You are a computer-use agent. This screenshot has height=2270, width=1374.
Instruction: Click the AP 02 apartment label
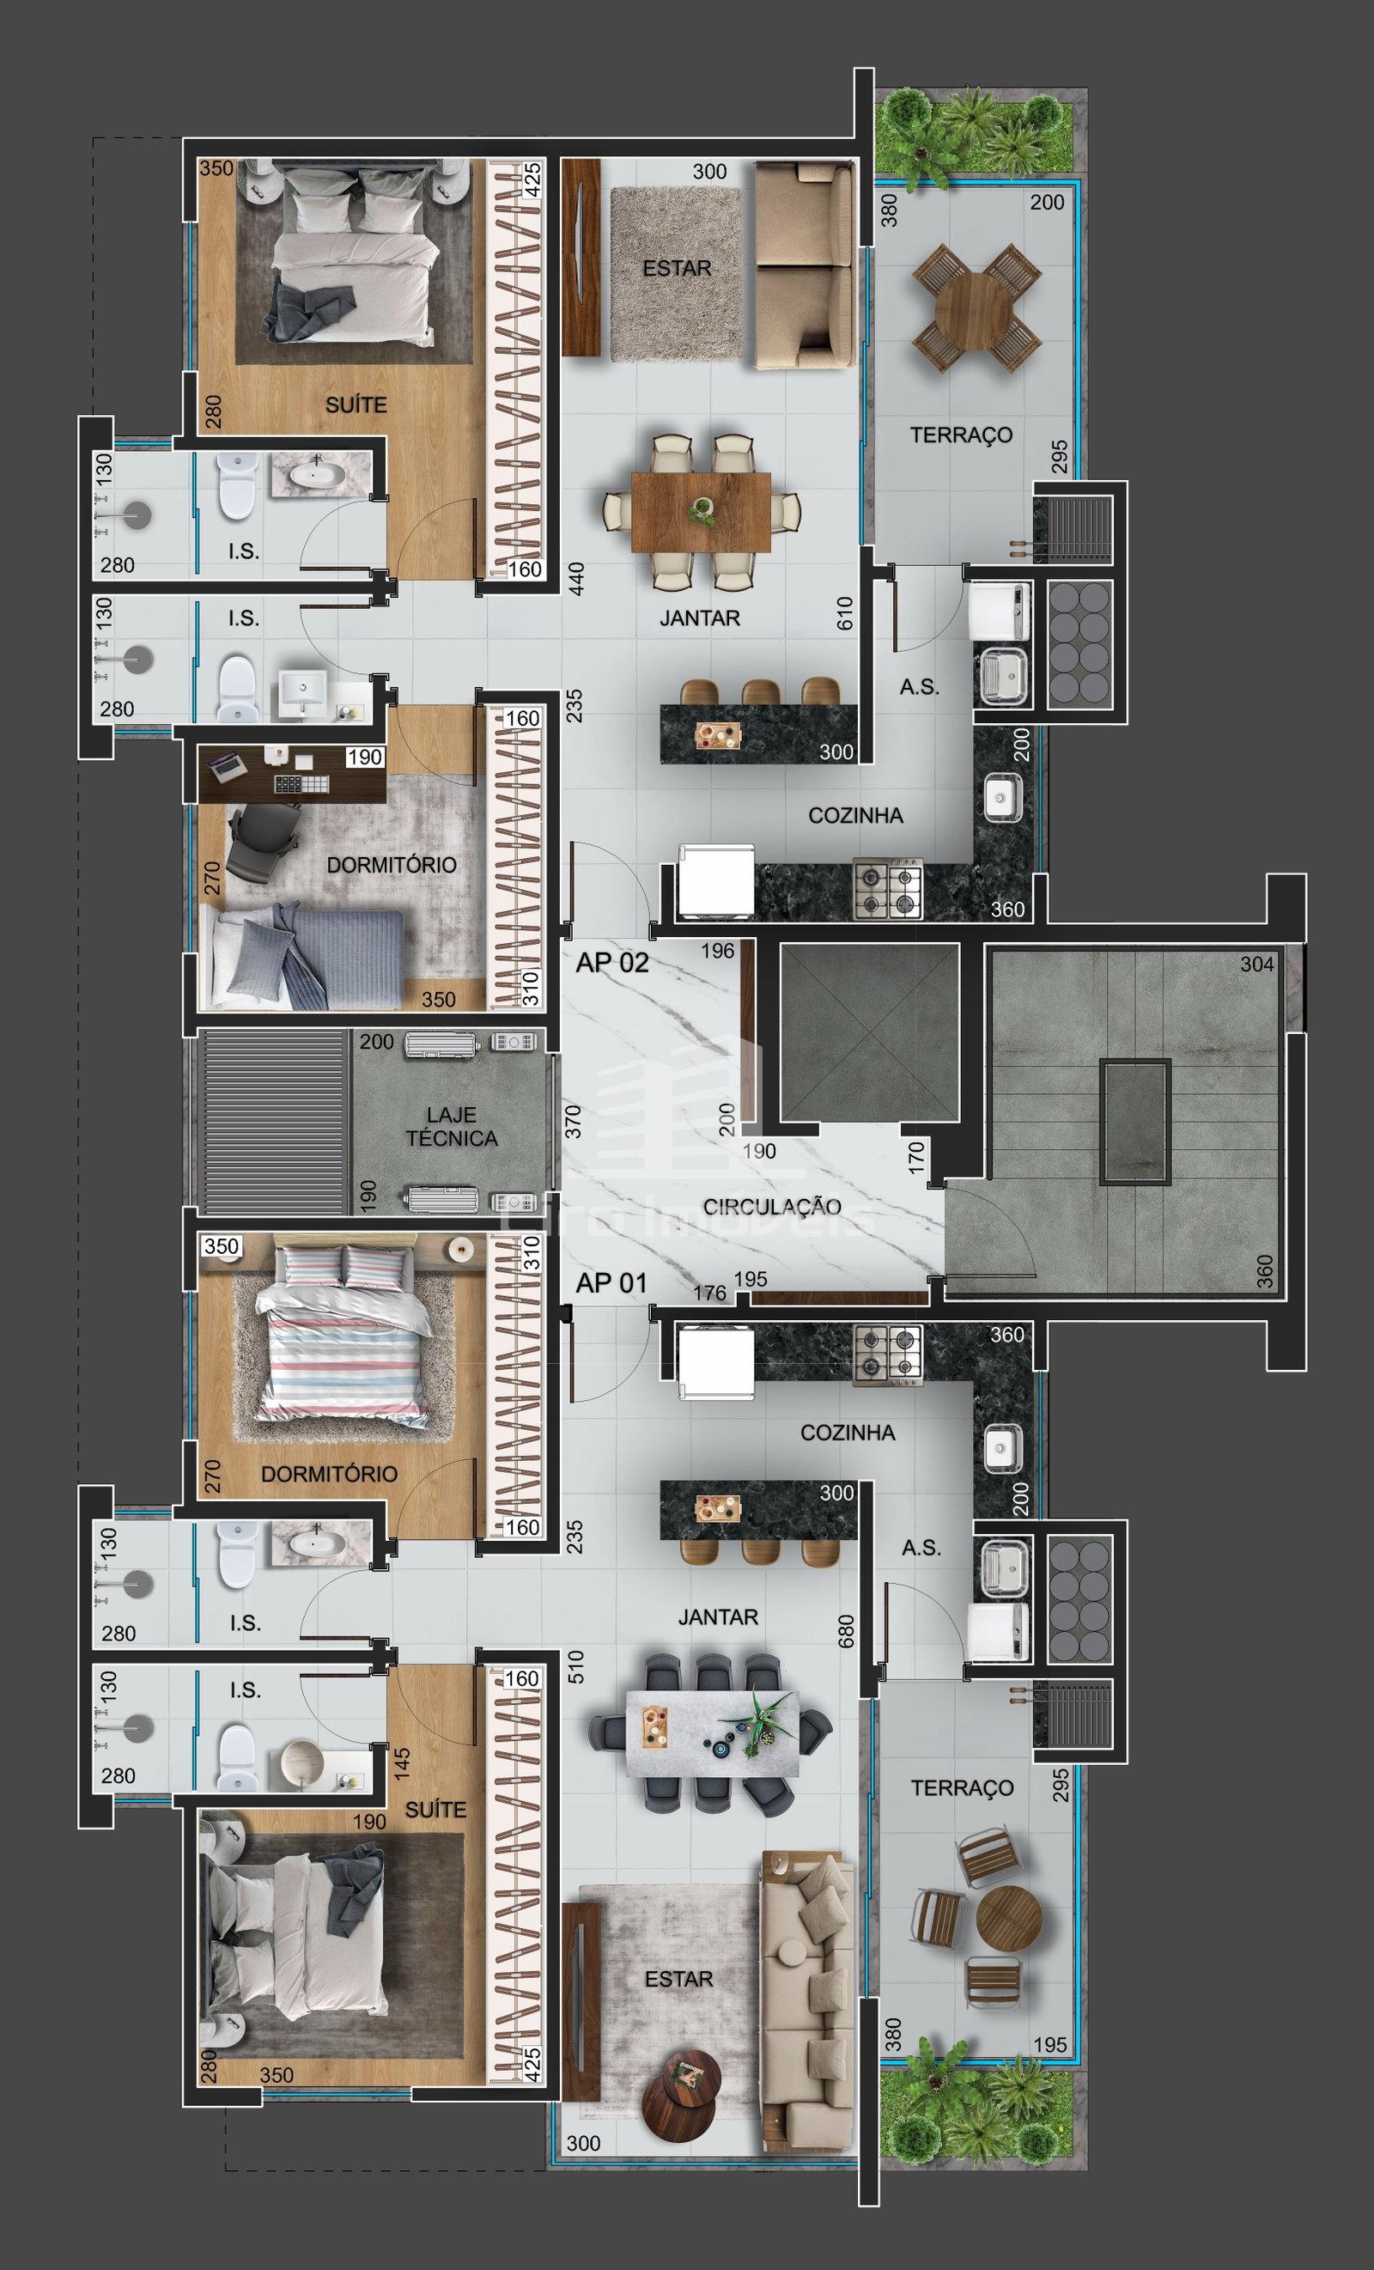tap(612, 963)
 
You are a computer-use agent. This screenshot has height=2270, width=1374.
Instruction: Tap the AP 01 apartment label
tap(611, 1282)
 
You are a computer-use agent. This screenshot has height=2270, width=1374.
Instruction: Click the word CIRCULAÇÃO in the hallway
tap(772, 1206)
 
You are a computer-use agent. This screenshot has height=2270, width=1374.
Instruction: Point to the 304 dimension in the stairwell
tap(1257, 964)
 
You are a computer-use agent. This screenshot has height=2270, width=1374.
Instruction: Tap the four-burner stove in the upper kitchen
tap(888, 889)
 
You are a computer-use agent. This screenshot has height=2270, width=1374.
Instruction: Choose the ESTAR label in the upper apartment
tap(677, 268)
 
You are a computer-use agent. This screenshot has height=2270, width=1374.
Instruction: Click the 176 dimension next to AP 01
tap(709, 1293)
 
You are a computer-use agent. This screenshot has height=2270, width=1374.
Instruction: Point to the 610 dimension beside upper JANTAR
tap(845, 612)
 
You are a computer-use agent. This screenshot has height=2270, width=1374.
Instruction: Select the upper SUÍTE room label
tap(356, 404)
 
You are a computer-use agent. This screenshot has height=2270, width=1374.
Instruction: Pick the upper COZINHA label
tap(855, 815)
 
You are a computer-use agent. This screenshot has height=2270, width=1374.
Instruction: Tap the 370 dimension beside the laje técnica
tap(573, 1121)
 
